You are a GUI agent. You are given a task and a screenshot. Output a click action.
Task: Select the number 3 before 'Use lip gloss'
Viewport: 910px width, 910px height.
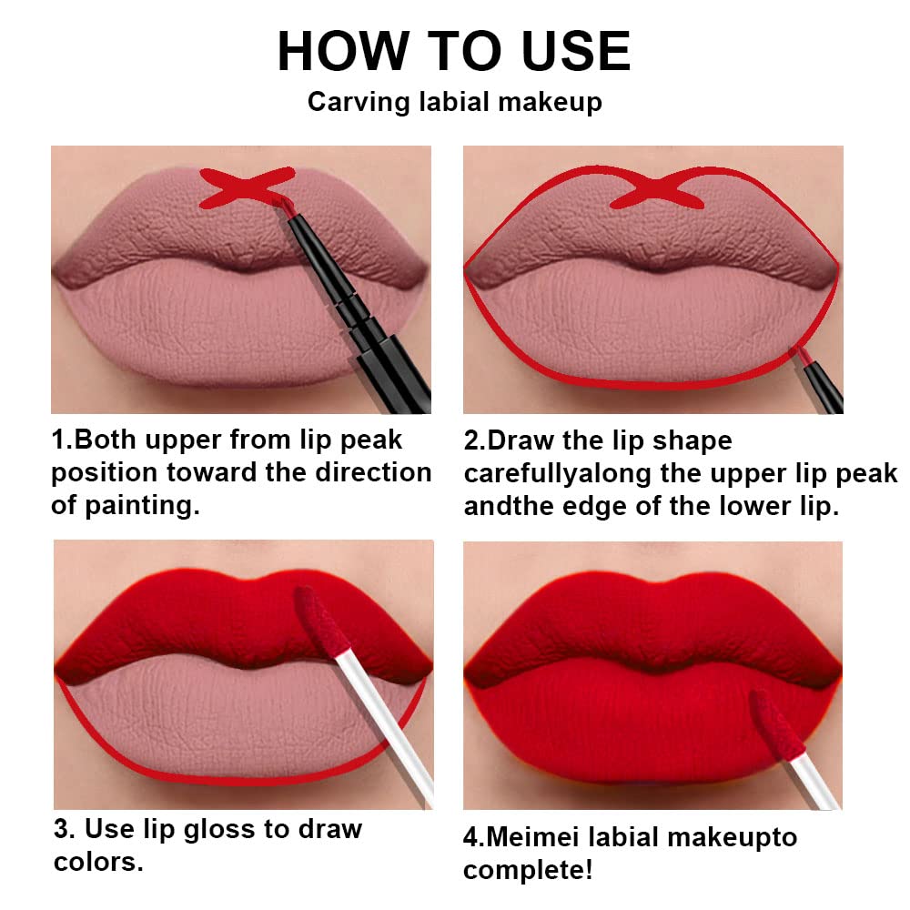pyautogui.click(x=62, y=829)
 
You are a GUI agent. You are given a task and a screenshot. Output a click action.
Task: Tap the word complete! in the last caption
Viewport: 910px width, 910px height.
pyautogui.click(x=528, y=870)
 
